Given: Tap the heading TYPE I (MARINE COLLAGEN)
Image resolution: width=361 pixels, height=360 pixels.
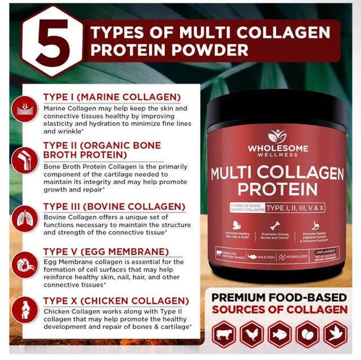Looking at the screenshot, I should click(x=112, y=97).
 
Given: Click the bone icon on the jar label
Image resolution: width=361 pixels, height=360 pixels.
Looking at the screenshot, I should click(x=276, y=224).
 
